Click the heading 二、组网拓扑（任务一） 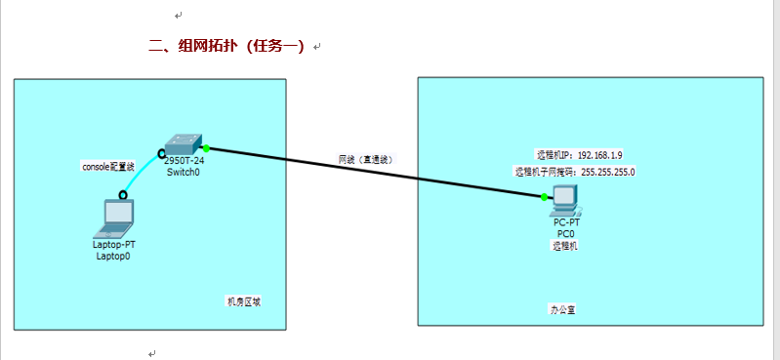coord(226,46)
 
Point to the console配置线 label coord(108,167)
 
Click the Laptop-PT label coord(114,245)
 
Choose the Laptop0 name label coord(114,257)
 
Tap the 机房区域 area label coord(243,300)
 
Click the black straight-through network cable coord(371,172)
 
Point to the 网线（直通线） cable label coord(366,158)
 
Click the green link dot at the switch coord(207,148)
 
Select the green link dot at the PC coord(545,197)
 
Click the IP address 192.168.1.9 coord(600,155)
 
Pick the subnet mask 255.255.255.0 coord(608,171)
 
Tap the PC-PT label coord(566,223)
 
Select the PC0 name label coord(566,234)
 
